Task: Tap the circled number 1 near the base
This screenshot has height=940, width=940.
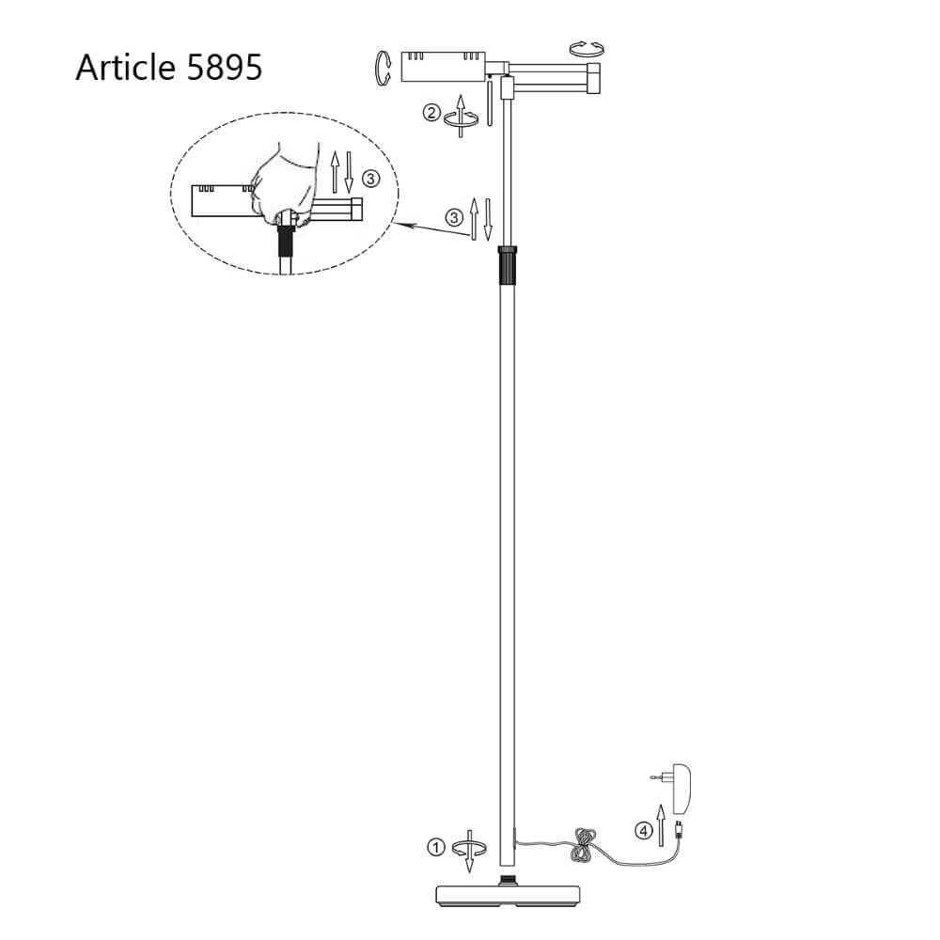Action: [x=434, y=847]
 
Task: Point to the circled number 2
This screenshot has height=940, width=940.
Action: [x=431, y=114]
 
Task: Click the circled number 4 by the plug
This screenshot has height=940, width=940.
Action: [x=643, y=830]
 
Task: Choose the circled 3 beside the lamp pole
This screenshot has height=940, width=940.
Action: [x=455, y=217]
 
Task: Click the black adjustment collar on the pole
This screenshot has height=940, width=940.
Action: [x=508, y=265]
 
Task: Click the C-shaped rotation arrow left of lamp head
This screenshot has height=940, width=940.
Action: [x=382, y=69]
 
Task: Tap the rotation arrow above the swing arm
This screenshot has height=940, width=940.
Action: [x=588, y=48]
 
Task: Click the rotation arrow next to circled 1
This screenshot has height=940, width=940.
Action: [x=469, y=848]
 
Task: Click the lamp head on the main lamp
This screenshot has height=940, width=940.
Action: [x=442, y=66]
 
